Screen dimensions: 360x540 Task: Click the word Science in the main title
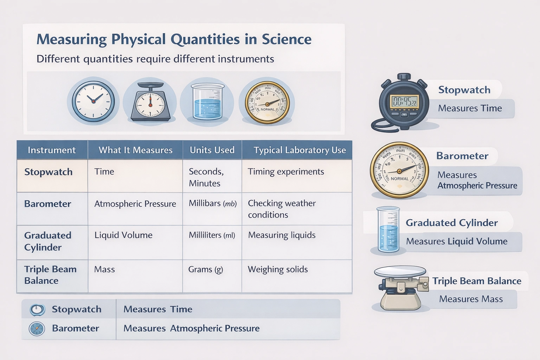click(287, 39)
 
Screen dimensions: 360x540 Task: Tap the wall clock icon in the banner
click(93, 102)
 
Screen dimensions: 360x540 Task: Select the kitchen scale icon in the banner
click(150, 102)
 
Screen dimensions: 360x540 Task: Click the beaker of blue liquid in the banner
click(207, 102)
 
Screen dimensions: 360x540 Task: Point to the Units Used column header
click(212, 150)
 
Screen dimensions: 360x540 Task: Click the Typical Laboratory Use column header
click(300, 150)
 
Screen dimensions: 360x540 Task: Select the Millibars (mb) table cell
click(212, 204)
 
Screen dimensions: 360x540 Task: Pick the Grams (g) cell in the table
click(206, 270)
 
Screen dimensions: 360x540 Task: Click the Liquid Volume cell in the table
click(123, 235)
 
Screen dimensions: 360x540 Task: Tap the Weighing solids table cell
click(278, 270)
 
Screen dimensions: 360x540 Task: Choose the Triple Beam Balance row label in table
click(50, 275)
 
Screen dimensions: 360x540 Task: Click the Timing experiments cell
click(286, 172)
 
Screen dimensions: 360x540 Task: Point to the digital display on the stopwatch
click(404, 102)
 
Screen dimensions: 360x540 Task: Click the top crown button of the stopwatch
click(404, 77)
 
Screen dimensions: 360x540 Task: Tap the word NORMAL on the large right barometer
click(400, 179)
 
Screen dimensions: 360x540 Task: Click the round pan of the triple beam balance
click(400, 271)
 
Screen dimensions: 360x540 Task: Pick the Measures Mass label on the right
click(471, 299)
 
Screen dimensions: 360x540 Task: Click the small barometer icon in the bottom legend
click(37, 329)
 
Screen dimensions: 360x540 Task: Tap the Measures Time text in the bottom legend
click(158, 309)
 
